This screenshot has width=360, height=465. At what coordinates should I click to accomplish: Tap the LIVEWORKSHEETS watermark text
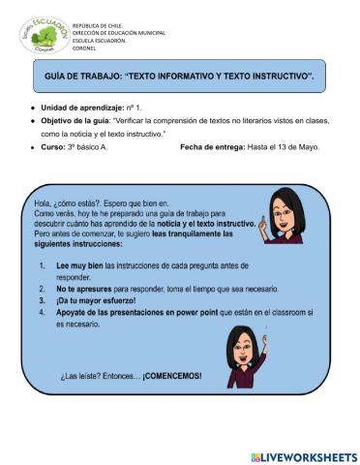click(x=309, y=455)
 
